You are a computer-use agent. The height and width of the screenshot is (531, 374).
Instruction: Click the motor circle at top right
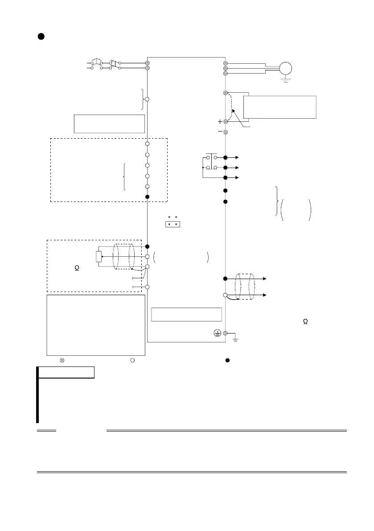[285, 68]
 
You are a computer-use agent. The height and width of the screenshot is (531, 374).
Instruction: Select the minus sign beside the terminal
[219, 132]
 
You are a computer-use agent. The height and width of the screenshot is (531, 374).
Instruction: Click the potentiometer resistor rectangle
[99, 257]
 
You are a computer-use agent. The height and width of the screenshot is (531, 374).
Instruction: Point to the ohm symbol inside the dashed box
[77, 269]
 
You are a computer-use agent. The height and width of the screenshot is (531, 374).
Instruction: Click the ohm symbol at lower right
[305, 322]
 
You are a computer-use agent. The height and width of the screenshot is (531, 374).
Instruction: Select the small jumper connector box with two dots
[173, 223]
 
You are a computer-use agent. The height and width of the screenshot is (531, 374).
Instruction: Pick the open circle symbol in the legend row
[132, 360]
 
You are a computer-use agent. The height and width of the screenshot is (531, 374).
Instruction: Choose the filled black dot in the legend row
[227, 360]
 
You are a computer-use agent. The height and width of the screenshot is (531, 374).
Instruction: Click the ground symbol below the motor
[285, 80]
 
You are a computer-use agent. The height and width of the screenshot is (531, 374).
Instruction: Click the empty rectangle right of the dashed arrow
[280, 107]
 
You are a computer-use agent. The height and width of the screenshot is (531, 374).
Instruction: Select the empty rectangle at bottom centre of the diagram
[187, 314]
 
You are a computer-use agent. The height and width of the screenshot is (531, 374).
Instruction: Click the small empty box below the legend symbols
[66, 372]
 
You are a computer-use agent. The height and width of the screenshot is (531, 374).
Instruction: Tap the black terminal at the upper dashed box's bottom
[148, 197]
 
